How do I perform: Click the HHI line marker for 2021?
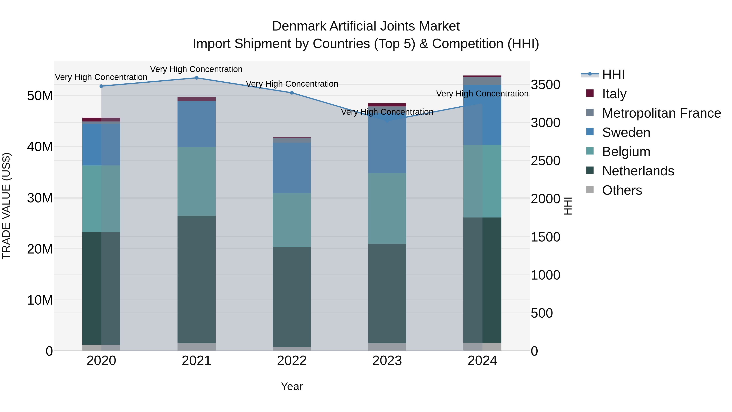(x=196, y=78)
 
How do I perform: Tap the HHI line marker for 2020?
(x=101, y=86)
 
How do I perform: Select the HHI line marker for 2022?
(x=292, y=93)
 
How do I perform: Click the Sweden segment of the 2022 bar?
(x=292, y=168)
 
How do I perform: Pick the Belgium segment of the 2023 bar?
(x=387, y=208)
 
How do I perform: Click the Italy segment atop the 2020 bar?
(x=101, y=119)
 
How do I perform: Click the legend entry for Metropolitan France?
(x=661, y=113)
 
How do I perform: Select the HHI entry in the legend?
(x=613, y=74)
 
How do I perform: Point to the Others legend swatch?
(x=590, y=190)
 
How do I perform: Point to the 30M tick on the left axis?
(x=40, y=198)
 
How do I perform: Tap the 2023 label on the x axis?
(x=387, y=361)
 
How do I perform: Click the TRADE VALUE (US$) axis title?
(x=6, y=206)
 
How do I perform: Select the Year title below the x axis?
(x=292, y=386)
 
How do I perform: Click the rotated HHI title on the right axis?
(x=568, y=206)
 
